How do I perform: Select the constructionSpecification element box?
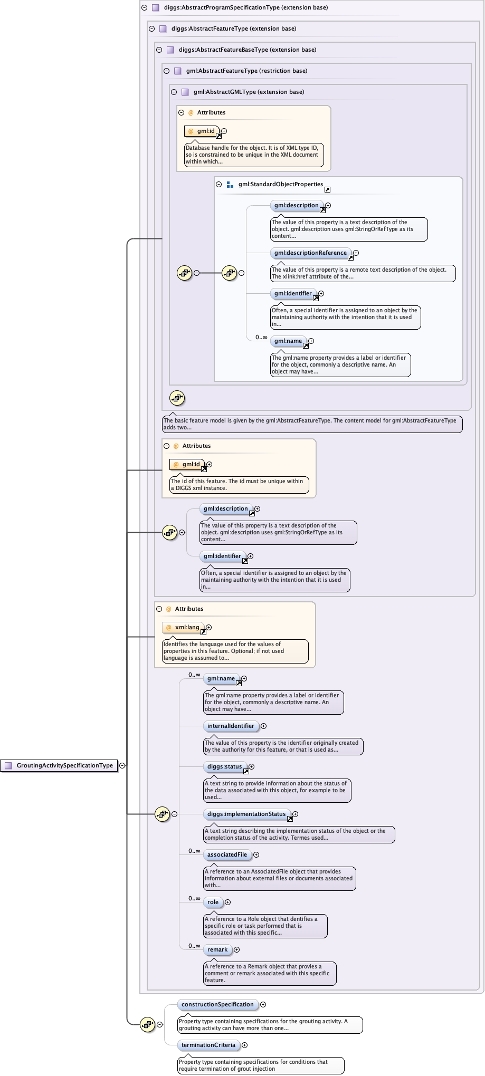pyautogui.click(x=217, y=1004)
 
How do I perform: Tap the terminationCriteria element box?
pyautogui.click(x=208, y=1045)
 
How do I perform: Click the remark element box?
pyautogui.click(x=217, y=949)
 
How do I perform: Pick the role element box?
pyautogui.click(x=213, y=902)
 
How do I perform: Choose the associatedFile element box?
pyautogui.click(x=227, y=854)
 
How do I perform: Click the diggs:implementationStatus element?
pyautogui.click(x=246, y=814)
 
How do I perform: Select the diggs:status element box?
pyautogui.click(x=224, y=766)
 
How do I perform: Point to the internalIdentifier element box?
pyautogui.click(x=231, y=726)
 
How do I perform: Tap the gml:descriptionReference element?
pyautogui.click(x=310, y=253)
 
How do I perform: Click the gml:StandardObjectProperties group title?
pyautogui.click(x=280, y=184)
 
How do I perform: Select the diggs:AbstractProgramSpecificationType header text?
pyautogui.click(x=246, y=7)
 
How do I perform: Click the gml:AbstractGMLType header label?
pyautogui.click(x=249, y=92)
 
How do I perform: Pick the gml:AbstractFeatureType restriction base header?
pyautogui.click(x=246, y=71)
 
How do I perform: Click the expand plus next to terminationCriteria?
pyautogui.click(x=244, y=1045)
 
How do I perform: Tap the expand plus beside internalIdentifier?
pyautogui.click(x=263, y=726)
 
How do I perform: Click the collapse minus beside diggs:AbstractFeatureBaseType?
pyautogui.click(x=159, y=50)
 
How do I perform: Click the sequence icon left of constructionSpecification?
pyautogui.click(x=147, y=1024)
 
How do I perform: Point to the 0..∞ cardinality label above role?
pyautogui.click(x=194, y=898)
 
